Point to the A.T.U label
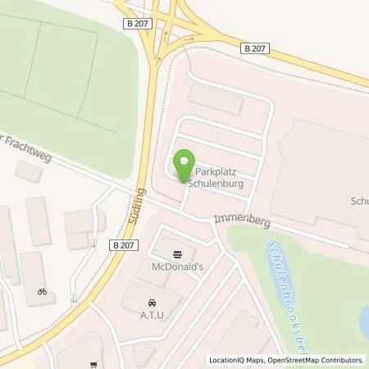pyautogui.click(x=153, y=312)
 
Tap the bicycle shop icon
pyautogui.click(x=41, y=290)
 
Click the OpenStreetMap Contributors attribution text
pyautogui.click(x=317, y=360)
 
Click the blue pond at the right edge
pyautogui.click(x=363, y=324)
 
